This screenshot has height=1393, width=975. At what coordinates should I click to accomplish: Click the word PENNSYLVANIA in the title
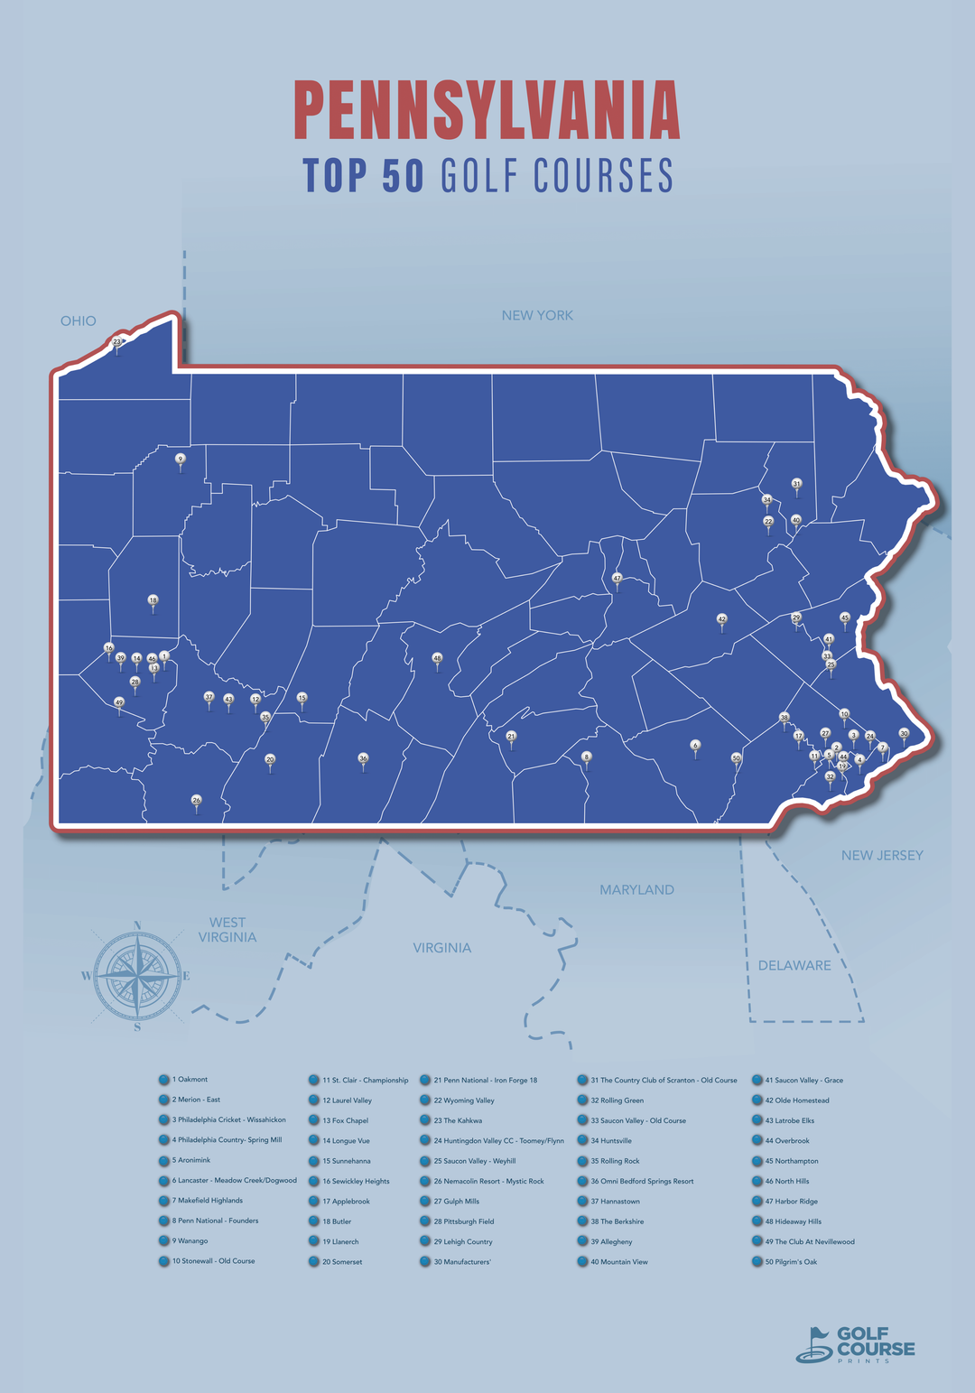click(487, 111)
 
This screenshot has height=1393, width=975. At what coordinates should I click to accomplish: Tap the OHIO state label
click(79, 321)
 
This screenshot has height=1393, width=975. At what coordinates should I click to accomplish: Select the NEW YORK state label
click(537, 315)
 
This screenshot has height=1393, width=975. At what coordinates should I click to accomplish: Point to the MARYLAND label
click(636, 890)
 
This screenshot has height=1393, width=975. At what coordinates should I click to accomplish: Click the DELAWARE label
click(794, 965)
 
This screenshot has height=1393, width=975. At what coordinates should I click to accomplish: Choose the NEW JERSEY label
click(882, 856)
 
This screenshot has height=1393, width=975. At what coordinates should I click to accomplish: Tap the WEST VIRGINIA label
click(227, 930)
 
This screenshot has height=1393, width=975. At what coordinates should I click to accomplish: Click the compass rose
click(137, 975)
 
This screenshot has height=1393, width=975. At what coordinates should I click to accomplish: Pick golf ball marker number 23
click(116, 343)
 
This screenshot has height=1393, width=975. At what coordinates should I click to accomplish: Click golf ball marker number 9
click(181, 460)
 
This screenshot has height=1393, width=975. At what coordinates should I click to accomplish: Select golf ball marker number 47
click(617, 578)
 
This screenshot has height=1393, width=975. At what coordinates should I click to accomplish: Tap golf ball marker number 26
click(197, 801)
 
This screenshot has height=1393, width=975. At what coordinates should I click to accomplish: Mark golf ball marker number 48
click(438, 658)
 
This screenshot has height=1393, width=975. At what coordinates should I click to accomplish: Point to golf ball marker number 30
click(904, 734)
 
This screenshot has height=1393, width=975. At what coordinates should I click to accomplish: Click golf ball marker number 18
click(153, 600)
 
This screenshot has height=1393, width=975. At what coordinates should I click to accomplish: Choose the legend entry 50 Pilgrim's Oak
click(795, 1262)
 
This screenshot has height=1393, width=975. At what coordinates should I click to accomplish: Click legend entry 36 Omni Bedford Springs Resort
click(642, 1181)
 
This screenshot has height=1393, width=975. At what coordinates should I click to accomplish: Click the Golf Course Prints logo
click(855, 1344)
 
